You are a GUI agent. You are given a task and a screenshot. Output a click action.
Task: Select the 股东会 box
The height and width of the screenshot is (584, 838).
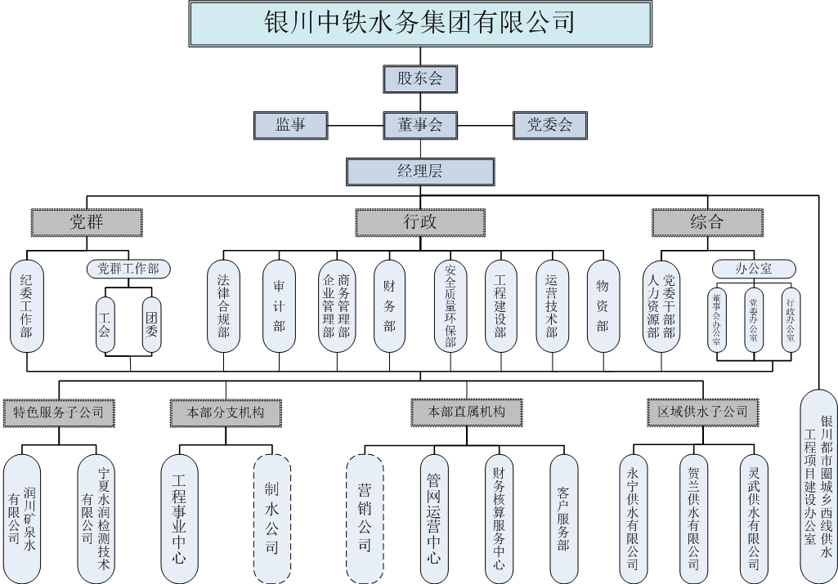click(x=419, y=78)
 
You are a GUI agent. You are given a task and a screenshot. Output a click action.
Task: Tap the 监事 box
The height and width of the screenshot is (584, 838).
click(x=290, y=125)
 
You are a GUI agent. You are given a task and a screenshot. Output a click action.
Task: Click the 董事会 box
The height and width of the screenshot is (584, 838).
click(x=419, y=125)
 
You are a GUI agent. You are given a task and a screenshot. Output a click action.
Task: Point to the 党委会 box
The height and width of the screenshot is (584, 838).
click(x=549, y=125)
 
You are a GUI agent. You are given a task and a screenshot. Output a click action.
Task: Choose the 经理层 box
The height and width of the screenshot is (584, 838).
click(x=419, y=172)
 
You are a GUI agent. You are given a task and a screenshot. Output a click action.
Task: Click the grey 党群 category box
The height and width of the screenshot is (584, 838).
click(x=87, y=221)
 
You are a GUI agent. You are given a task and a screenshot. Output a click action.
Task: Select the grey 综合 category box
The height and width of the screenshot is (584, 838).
click(x=707, y=221)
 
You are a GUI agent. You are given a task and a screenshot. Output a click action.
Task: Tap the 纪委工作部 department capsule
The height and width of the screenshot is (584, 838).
click(x=26, y=305)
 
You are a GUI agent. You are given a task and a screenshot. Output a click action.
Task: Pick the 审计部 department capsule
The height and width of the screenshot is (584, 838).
click(x=279, y=305)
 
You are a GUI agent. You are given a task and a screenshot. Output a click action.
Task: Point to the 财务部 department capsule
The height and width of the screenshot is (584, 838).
click(x=389, y=305)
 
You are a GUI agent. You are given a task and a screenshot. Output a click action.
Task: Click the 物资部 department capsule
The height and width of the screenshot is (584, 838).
click(x=603, y=305)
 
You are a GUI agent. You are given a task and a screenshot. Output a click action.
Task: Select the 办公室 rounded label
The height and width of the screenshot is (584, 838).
click(x=753, y=268)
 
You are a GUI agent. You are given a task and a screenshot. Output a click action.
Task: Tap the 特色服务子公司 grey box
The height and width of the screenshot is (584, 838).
click(x=59, y=412)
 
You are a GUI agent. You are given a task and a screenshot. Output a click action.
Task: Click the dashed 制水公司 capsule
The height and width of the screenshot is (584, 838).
click(x=272, y=518)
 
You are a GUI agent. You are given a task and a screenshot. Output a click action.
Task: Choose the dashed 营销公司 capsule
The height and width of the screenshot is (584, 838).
click(x=365, y=518)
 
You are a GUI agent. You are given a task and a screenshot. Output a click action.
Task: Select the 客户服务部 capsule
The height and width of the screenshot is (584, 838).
click(x=562, y=518)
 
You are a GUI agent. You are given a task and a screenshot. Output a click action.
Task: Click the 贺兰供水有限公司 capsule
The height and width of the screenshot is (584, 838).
click(x=693, y=518)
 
